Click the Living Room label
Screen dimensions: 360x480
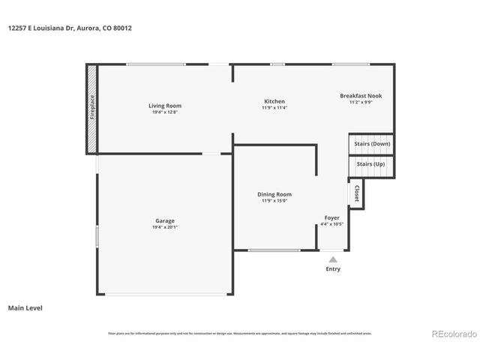pos(165,106)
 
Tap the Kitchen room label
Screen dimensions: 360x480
pos(274,101)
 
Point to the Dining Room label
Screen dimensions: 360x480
pos(274,194)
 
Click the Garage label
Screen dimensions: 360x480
pos(165,220)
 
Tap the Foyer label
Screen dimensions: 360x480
pos(331,217)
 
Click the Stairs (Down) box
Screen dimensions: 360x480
pos(372,143)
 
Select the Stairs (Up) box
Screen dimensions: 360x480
pos(370,164)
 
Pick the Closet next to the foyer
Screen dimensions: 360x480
pos(356,193)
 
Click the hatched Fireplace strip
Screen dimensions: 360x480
pos(91,109)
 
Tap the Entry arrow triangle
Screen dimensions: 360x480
pos(333,259)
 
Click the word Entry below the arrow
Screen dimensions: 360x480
pos(333,268)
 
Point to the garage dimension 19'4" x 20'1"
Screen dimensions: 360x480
pos(165,226)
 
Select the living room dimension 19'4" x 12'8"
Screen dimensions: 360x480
pos(165,112)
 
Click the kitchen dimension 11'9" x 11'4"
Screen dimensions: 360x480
pos(274,107)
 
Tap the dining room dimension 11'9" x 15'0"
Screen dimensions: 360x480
pos(274,200)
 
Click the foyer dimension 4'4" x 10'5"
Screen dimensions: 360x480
pos(331,223)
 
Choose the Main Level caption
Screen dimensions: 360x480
pos(25,307)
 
